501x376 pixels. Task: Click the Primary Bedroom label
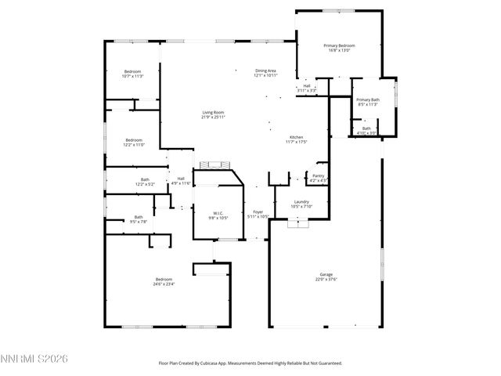coord(340,46)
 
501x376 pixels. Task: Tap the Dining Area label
coord(266,71)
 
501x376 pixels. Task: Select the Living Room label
coord(213,113)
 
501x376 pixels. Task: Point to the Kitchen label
coord(296,136)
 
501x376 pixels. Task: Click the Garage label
coord(326,275)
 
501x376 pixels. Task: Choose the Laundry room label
coord(301,202)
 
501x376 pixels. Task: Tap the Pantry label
coord(318,175)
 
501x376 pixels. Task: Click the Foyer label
coord(258,211)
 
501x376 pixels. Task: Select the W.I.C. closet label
coord(218,213)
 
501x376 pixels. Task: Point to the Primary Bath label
coord(368,99)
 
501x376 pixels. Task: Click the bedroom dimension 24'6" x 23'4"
coord(164,284)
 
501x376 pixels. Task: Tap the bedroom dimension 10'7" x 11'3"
coord(132,77)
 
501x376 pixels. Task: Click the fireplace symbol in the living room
coord(212,165)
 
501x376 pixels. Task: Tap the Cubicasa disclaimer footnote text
coord(250,363)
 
